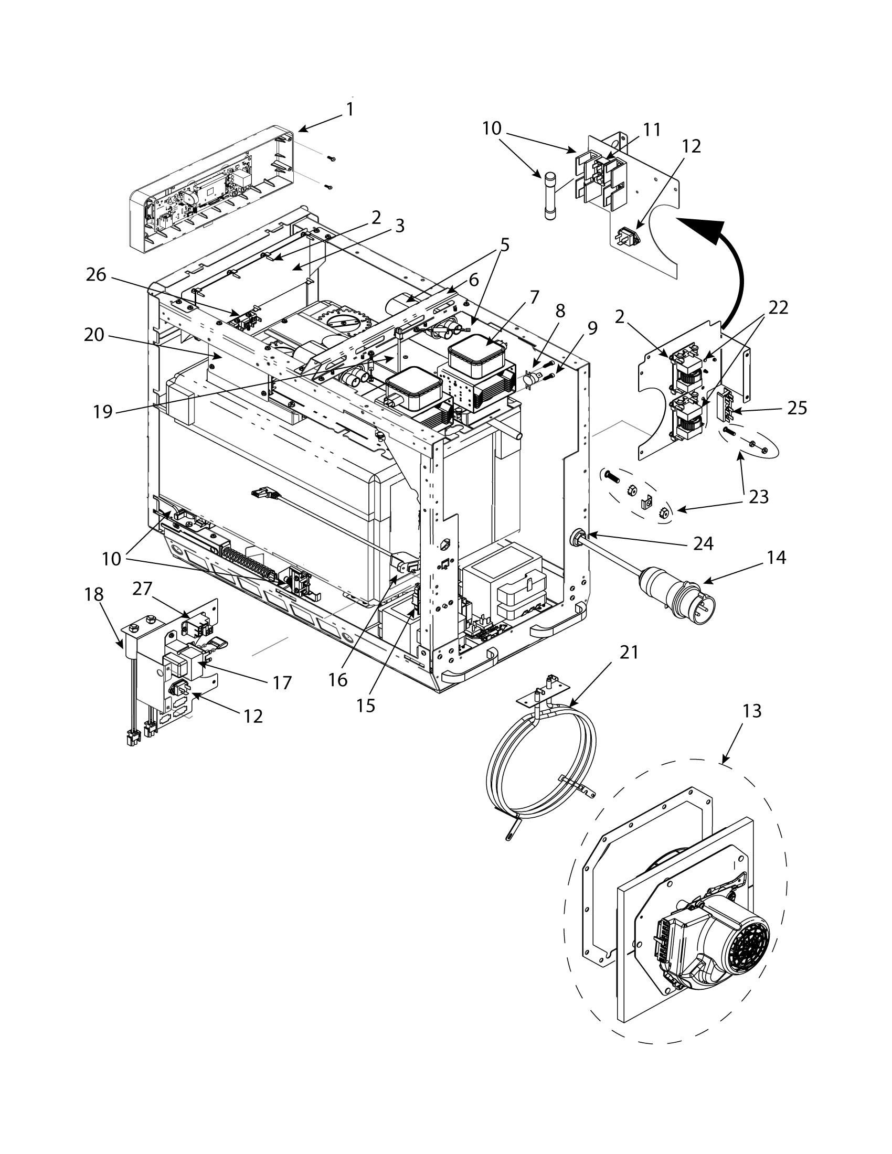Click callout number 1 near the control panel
(349, 109)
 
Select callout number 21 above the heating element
(629, 653)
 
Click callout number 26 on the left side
(96, 275)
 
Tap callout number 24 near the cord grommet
(703, 543)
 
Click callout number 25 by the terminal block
(797, 408)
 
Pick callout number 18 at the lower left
(93, 594)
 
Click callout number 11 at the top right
(652, 130)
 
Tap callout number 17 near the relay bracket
(282, 682)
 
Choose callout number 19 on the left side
(103, 411)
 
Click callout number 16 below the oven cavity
(337, 680)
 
